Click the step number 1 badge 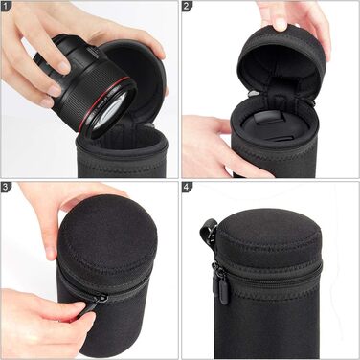[6, 6]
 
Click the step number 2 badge [187, 6]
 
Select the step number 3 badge [6, 188]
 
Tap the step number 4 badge [187, 188]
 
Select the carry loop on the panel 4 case [207, 231]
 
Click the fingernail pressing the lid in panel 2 [281, 25]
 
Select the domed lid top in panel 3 [107, 241]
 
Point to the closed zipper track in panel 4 [270, 276]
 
